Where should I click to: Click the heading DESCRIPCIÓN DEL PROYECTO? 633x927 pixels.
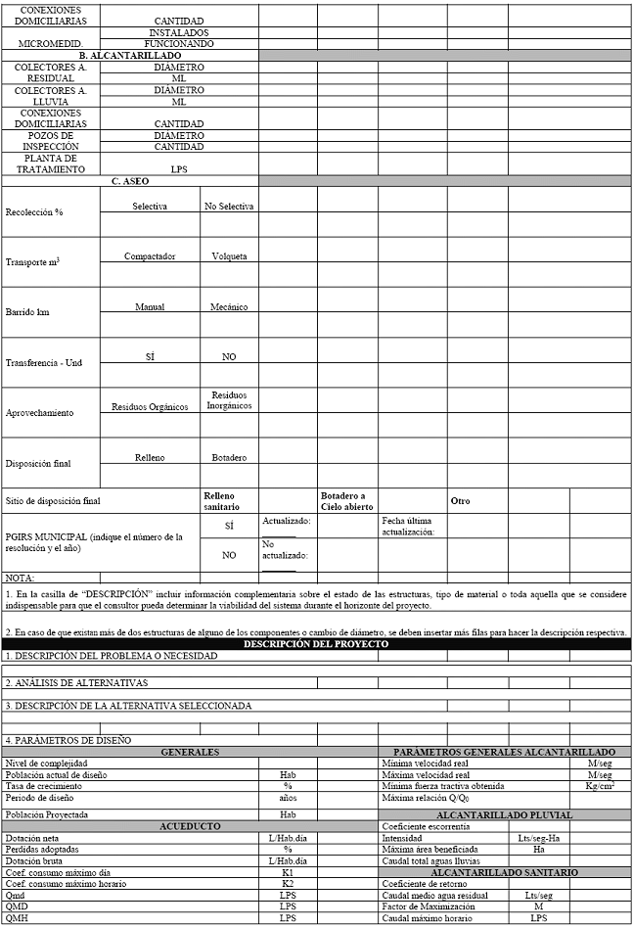tap(316, 644)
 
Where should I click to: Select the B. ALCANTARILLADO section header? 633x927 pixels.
tap(130, 57)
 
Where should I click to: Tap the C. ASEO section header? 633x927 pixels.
tap(130, 181)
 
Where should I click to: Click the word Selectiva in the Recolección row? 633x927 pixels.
tap(150, 206)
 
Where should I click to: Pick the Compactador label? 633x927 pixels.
tap(150, 256)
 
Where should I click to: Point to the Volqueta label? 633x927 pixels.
tap(229, 256)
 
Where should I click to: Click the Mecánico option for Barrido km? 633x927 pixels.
tap(229, 306)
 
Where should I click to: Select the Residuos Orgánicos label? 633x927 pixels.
tap(150, 406)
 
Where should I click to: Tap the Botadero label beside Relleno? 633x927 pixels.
tap(229, 457)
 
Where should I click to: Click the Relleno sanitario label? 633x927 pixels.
tap(220, 501)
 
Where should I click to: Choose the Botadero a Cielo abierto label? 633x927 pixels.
tap(343, 501)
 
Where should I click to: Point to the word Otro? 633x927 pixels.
tap(460, 501)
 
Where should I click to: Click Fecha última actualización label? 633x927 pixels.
tap(408, 527)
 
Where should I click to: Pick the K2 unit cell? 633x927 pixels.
tap(288, 884)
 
